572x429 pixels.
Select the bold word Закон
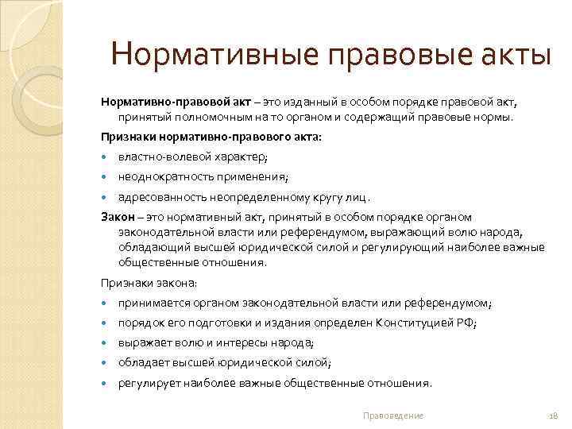pyautogui.click(x=116, y=216)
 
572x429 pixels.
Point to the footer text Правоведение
pyautogui.click(x=392, y=415)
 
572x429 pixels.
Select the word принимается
pyautogui.click(x=153, y=303)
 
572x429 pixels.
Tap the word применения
pyautogui.click(x=255, y=176)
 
